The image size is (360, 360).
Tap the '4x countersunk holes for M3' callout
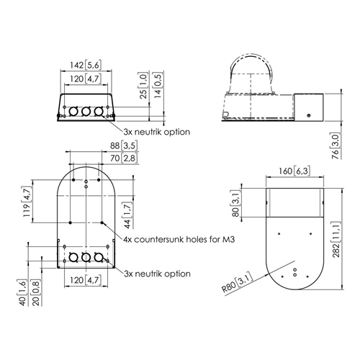tap(179, 239)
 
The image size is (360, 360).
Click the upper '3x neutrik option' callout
tap(157, 132)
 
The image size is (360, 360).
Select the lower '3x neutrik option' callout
tap(157, 274)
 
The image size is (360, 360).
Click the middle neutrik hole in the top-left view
tap(86, 112)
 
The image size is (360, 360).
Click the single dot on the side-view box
tap(309, 115)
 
